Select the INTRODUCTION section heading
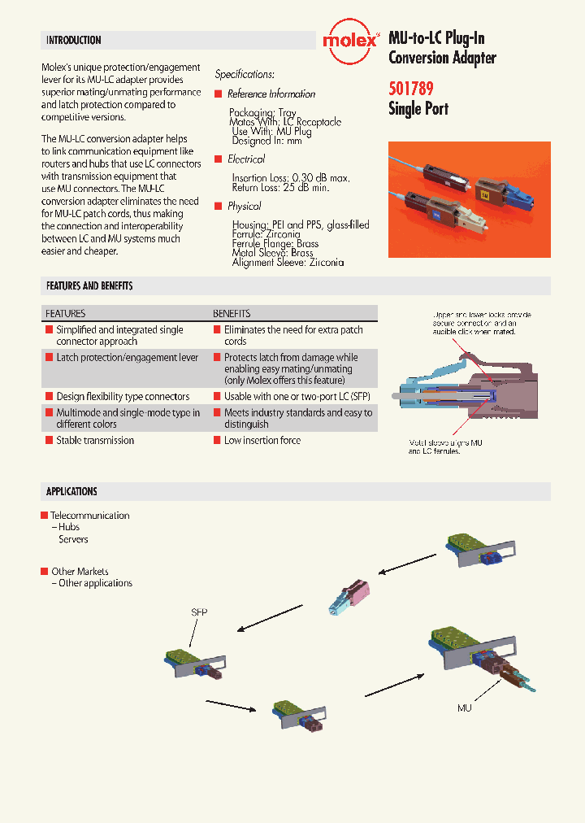(x=74, y=40)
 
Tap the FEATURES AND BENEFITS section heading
(x=89, y=286)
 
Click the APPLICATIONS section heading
(x=71, y=491)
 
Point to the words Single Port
(x=418, y=109)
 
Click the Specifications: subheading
(x=245, y=74)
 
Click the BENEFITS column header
(x=232, y=313)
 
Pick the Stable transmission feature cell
(x=95, y=440)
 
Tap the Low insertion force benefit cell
(x=262, y=440)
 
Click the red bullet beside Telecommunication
(x=45, y=516)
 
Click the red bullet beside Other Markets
(x=45, y=572)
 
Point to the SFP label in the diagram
(x=199, y=611)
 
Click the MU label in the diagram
(x=464, y=708)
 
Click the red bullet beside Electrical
(x=219, y=159)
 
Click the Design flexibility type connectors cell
(x=123, y=397)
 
